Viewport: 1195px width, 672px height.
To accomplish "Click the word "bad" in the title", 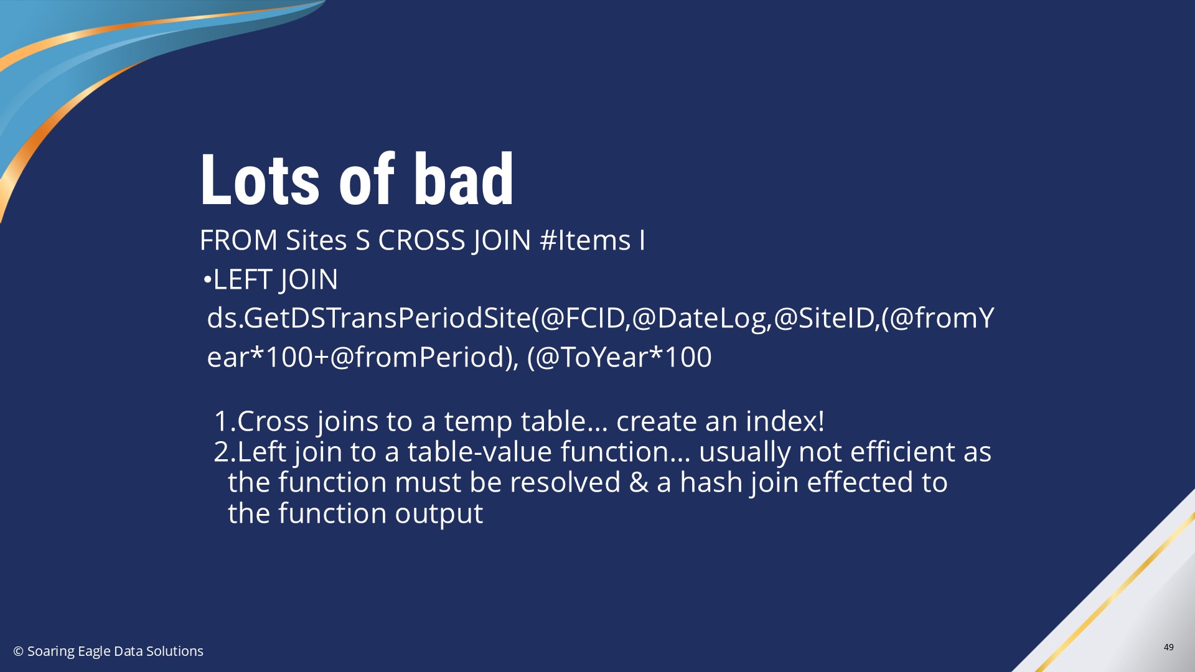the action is point(464,179).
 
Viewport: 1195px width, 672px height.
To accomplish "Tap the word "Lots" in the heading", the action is point(260,179).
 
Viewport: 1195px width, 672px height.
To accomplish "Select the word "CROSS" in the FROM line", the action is point(421,240).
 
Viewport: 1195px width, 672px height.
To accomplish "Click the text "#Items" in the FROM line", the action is point(585,240).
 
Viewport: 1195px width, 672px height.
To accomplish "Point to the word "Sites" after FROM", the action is point(316,240).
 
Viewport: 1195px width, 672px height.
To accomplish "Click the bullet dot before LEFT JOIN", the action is point(207,280).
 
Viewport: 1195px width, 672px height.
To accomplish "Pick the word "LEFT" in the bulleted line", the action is point(242,279).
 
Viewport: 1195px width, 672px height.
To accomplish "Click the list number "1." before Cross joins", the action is point(225,421).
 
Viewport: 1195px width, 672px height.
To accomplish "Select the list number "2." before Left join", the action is point(225,452).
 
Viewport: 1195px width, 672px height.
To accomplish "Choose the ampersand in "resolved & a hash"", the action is point(639,483).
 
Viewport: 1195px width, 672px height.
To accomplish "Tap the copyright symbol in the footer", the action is point(18,651).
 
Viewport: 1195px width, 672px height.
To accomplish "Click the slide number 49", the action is point(1169,647).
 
